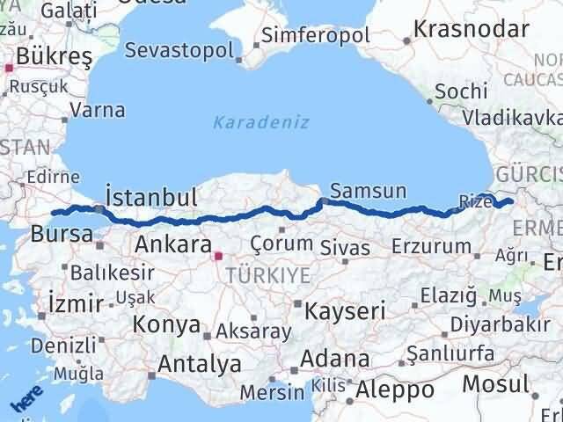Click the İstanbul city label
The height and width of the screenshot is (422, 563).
(150, 197)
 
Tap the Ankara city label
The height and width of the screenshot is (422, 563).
(172, 244)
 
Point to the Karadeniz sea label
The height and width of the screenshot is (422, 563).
(260, 122)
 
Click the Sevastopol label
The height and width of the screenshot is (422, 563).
(180, 50)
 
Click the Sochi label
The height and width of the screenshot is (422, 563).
(460, 91)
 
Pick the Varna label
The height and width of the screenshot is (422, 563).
(97, 111)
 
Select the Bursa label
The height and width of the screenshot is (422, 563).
(62, 234)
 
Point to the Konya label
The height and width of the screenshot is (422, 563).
(166, 324)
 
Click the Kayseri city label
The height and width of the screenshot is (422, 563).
(345, 310)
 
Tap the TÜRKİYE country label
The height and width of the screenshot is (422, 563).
(267, 275)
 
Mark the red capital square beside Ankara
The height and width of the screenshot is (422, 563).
(218, 257)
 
